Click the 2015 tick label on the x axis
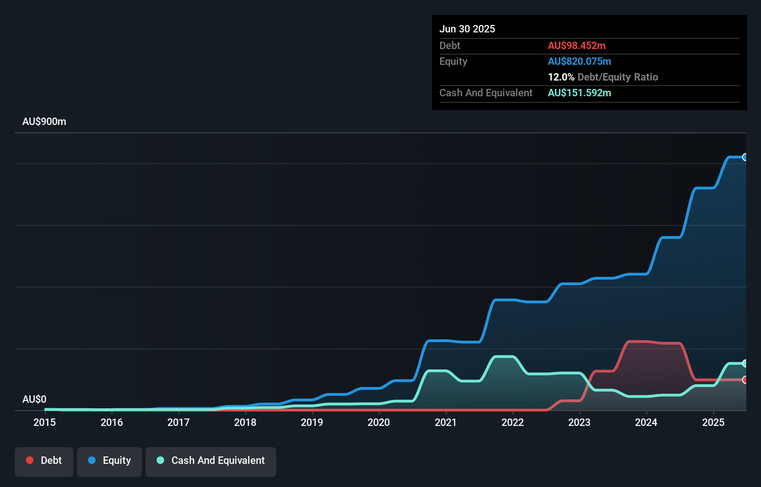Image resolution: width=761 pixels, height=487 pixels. click(x=44, y=422)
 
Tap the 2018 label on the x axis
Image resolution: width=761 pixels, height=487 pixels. click(x=245, y=422)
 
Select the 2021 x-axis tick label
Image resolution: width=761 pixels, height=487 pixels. click(x=445, y=422)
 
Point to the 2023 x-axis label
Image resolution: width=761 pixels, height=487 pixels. click(x=579, y=422)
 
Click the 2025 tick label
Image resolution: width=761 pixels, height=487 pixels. click(x=713, y=422)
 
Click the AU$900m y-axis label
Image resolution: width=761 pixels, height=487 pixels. click(x=44, y=122)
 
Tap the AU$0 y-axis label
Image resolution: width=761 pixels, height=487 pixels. click(x=34, y=399)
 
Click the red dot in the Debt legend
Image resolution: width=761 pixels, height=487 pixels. click(x=30, y=460)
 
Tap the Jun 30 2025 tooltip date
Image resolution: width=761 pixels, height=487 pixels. click(x=467, y=29)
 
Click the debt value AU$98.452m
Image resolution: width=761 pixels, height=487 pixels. click(x=577, y=45)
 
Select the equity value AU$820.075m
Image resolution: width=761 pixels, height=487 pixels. click(x=579, y=61)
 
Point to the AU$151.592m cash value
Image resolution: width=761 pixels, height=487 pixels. click(x=579, y=93)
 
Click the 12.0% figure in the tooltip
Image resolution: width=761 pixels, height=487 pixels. click(x=561, y=77)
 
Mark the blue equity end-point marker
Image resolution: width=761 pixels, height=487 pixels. click(x=745, y=157)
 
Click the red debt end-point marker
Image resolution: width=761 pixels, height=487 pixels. click(x=745, y=380)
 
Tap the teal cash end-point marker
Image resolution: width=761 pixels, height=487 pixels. click(x=745, y=363)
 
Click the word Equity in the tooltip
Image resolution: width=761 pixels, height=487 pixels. click(x=453, y=61)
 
